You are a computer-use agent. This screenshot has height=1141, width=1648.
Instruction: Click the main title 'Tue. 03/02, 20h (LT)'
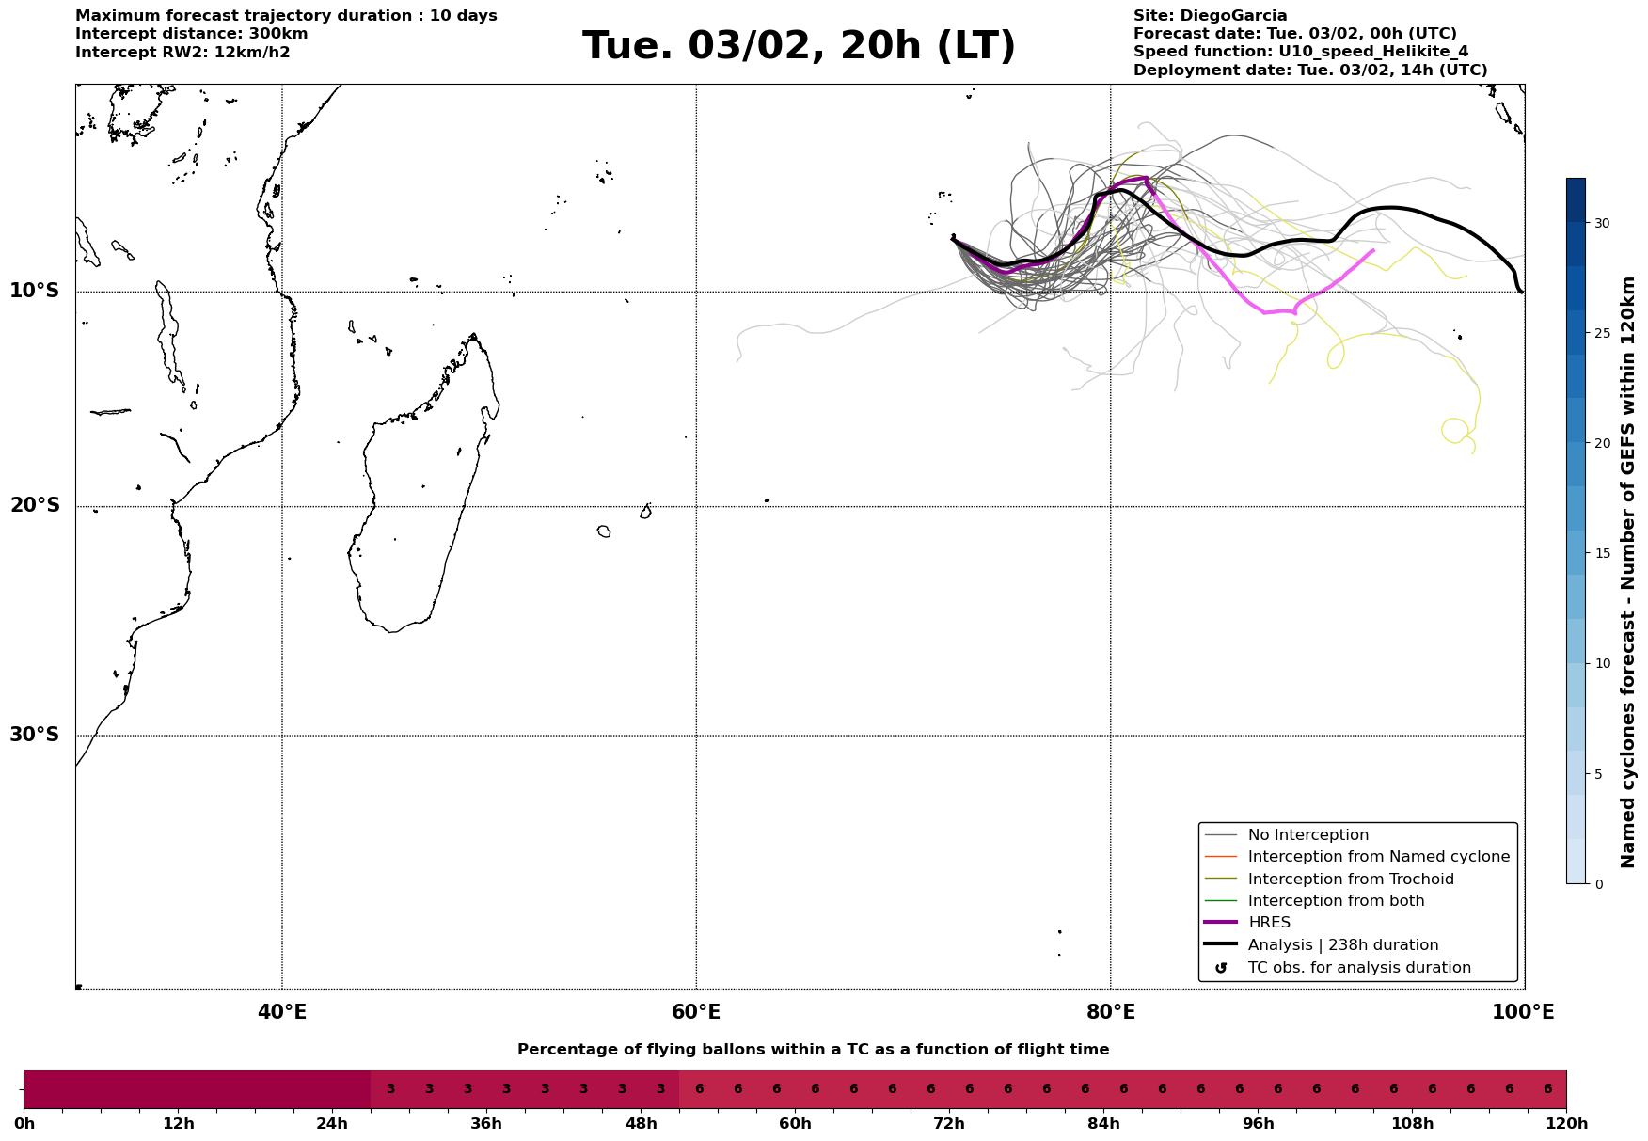pyautogui.click(x=799, y=46)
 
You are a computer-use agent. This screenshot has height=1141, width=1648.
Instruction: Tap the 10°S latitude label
pyautogui.click(x=35, y=291)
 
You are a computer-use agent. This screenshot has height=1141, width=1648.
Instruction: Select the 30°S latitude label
pyautogui.click(x=35, y=735)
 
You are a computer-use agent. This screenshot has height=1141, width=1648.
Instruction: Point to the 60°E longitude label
pyautogui.click(x=696, y=1013)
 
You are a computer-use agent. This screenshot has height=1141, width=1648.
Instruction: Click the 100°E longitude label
pyautogui.click(x=1524, y=1013)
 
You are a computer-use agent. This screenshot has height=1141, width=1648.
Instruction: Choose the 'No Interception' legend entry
pyautogui.click(x=1307, y=835)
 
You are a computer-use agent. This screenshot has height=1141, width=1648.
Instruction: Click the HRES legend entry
pyautogui.click(x=1269, y=923)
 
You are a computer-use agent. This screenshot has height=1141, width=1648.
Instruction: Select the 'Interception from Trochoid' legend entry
pyautogui.click(x=1350, y=880)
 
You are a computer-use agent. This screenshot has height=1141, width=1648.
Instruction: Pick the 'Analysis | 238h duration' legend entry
pyautogui.click(x=1342, y=945)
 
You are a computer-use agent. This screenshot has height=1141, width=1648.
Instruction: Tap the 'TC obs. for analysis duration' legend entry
pyautogui.click(x=1358, y=968)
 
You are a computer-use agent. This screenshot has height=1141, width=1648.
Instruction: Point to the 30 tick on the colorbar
pyautogui.click(x=1601, y=223)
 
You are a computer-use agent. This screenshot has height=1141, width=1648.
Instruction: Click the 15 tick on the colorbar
pyautogui.click(x=1601, y=553)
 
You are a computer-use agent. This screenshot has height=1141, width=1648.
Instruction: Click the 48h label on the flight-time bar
pyautogui.click(x=641, y=1124)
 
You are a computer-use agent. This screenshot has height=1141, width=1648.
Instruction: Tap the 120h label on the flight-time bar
pyautogui.click(x=1566, y=1124)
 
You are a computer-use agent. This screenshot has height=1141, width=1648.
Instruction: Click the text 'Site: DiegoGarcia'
pyautogui.click(x=1210, y=16)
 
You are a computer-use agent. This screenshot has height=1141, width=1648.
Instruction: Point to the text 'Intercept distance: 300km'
pyautogui.click(x=191, y=34)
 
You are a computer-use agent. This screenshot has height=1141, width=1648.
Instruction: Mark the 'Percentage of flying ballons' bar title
pyautogui.click(x=813, y=1050)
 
